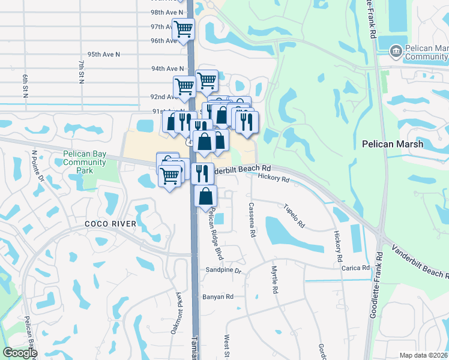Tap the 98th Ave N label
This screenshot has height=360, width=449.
(167, 12)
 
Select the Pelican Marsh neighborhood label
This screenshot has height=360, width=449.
(393, 144)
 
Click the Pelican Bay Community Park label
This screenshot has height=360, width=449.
(85, 162)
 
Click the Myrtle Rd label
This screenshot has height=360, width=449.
(275, 280)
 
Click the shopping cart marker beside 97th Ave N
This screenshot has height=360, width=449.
(183, 28)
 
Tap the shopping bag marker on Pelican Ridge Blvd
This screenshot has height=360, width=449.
(205, 196)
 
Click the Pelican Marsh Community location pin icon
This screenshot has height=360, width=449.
(396, 52)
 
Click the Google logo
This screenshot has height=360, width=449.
(20, 353)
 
